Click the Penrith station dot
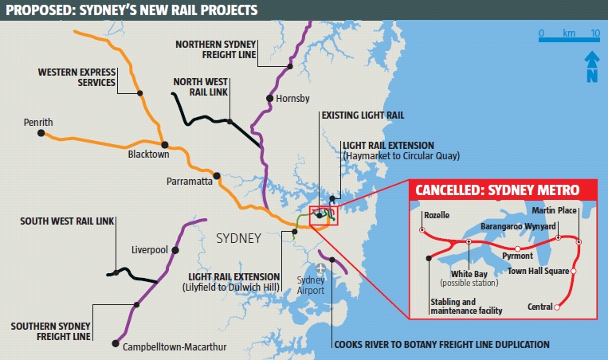click(x=41, y=133)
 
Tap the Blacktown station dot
click(x=165, y=144)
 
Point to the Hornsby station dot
click(x=268, y=99)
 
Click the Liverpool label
click(x=149, y=250)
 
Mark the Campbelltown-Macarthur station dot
click(x=116, y=343)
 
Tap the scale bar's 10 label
click(x=594, y=33)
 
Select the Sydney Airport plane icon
click(x=321, y=268)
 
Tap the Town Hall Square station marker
click(x=574, y=271)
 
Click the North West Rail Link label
click(x=200, y=87)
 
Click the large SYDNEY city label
click(x=239, y=238)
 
